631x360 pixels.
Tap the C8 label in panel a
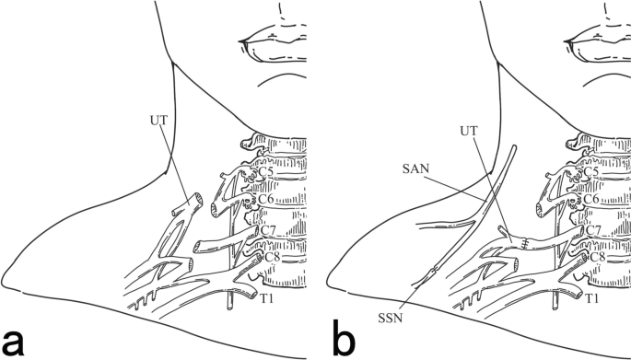[x=272, y=257]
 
